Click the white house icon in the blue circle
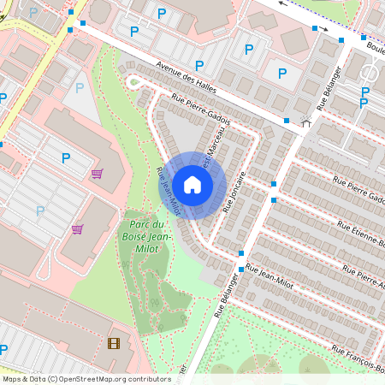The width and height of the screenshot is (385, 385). pos(192,185)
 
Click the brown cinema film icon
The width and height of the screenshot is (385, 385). pos(114,344)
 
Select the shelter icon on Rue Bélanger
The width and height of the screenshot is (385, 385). pos(305,121)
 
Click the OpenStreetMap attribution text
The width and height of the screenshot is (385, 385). pos(86,379)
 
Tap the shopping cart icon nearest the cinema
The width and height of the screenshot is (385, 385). pos(78,229)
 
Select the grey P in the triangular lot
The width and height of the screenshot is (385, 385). pos(80,87)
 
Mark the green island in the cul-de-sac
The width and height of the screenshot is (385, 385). pos(133,82)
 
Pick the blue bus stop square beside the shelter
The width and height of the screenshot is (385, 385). pos(287,121)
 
